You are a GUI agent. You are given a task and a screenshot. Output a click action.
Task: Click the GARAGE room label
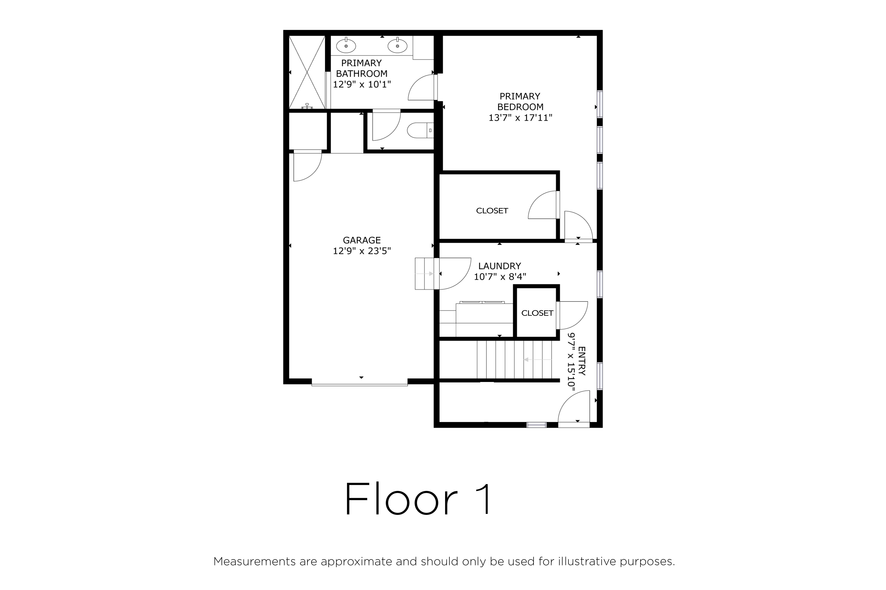(362, 240)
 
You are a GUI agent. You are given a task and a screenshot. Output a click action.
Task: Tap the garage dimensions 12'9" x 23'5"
(362, 251)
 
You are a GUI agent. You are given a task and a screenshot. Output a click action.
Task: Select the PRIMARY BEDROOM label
(520, 102)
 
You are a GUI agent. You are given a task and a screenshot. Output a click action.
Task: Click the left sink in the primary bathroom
(346, 46)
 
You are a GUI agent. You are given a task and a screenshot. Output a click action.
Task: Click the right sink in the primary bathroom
(397, 46)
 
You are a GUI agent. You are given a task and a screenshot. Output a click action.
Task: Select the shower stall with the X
(307, 72)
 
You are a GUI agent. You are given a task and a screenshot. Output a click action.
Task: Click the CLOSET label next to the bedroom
(492, 211)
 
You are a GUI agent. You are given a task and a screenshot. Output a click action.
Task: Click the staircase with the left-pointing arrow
(514, 360)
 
